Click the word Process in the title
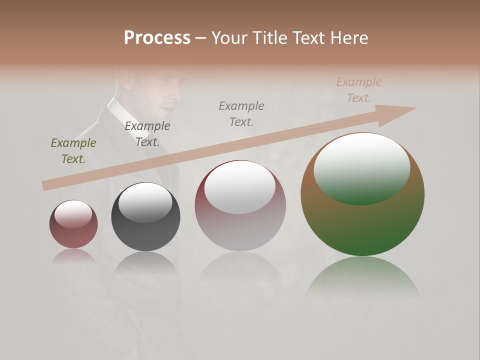157,38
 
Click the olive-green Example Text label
73,151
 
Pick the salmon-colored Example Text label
358,90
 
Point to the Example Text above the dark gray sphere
147,134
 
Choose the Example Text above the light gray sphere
241,113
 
